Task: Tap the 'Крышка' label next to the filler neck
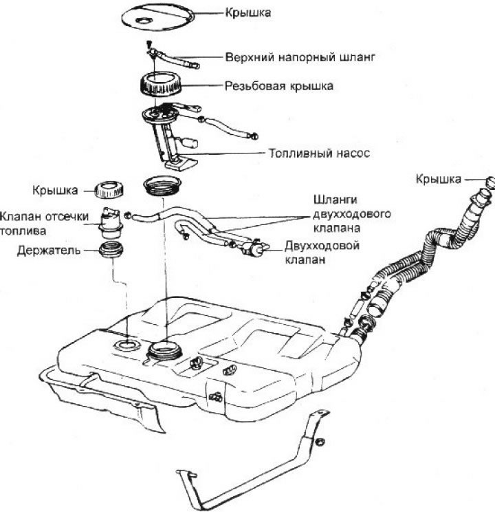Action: pyautogui.click(x=438, y=179)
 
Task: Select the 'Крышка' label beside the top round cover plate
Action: pyautogui.click(x=243, y=13)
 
